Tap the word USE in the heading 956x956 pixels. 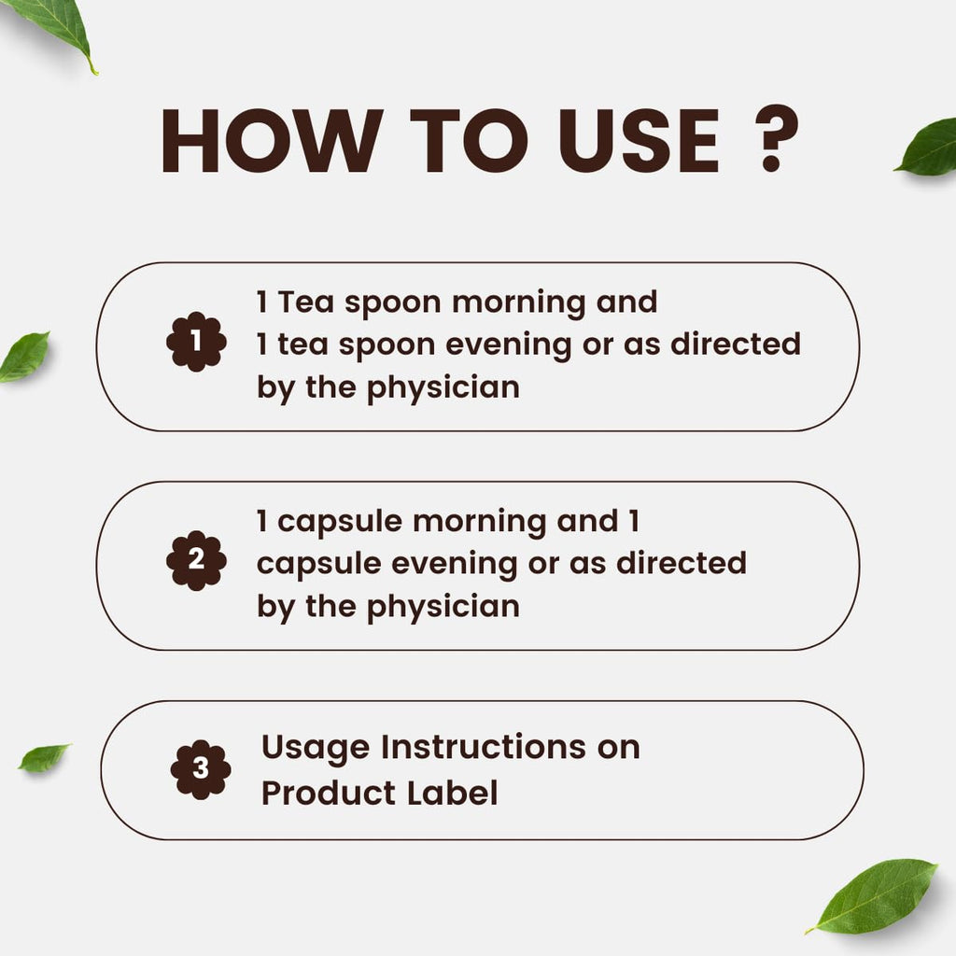[x=639, y=141]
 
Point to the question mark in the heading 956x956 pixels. [x=776, y=138]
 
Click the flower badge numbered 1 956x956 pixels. [x=196, y=342]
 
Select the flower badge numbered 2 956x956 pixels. [x=196, y=560]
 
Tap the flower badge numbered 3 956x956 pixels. [x=201, y=769]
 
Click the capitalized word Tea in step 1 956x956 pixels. [x=306, y=302]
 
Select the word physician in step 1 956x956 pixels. [x=443, y=388]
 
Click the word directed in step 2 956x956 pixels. [x=681, y=562]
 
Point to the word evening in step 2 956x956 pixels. [x=455, y=565]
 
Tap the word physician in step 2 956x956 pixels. [x=443, y=607]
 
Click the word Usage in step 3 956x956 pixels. [x=316, y=748]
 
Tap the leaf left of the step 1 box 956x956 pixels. [x=24, y=358]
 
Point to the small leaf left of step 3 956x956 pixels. [x=44, y=757]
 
